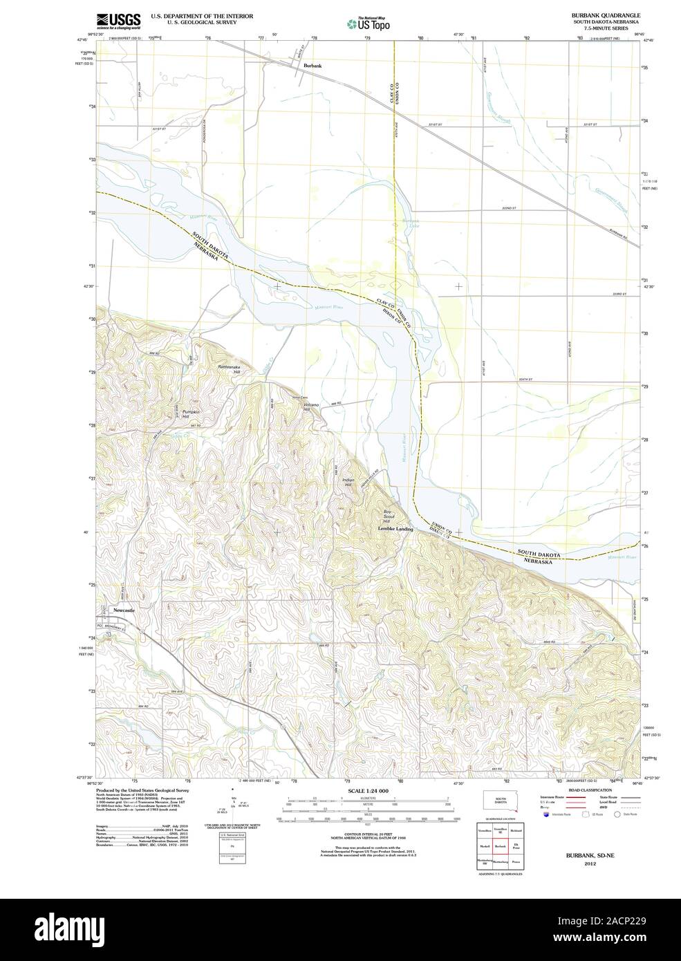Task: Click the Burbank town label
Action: pyautogui.click(x=312, y=66)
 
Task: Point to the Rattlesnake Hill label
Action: pyautogui.click(x=230, y=368)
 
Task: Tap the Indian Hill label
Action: pyautogui.click(x=348, y=483)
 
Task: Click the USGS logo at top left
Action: pyautogui.click(x=119, y=19)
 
